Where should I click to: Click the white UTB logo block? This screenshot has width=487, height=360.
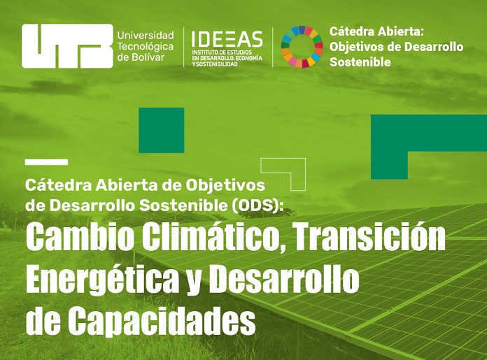[x=67, y=46]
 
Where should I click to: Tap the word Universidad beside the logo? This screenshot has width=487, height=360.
[x=146, y=36]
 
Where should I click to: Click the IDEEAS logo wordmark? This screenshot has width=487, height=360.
[x=227, y=39]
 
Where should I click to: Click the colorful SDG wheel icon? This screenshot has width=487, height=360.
[x=302, y=47]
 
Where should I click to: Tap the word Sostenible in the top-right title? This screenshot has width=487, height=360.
[x=360, y=62]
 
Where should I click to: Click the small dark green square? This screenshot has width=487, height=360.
[x=162, y=130]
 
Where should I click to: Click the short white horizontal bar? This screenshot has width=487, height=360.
[x=47, y=162]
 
